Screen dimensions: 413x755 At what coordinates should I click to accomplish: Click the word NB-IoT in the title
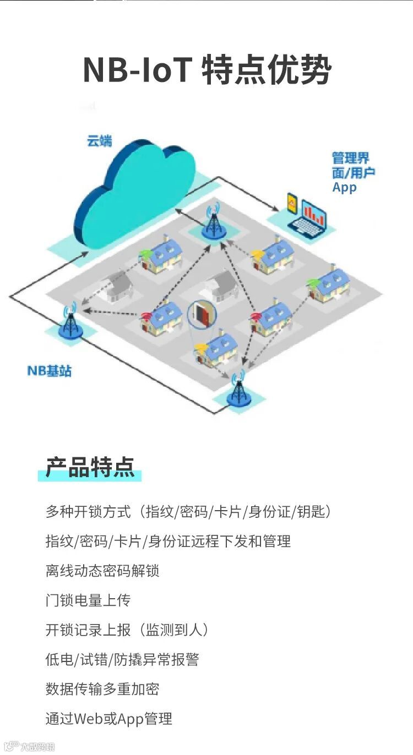(x=137, y=70)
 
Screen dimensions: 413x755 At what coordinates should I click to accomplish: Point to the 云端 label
(x=99, y=141)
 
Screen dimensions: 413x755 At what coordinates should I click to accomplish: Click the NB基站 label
(x=50, y=371)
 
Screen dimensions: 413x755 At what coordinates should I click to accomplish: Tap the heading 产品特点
(x=90, y=467)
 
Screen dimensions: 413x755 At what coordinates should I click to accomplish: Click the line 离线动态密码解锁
(x=102, y=571)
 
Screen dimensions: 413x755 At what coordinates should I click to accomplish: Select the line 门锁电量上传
(x=88, y=600)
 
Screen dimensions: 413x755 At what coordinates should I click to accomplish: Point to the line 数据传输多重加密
(x=102, y=689)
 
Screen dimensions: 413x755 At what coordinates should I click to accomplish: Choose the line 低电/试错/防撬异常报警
(x=122, y=659)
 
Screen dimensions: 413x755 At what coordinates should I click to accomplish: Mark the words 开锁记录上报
(x=88, y=630)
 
